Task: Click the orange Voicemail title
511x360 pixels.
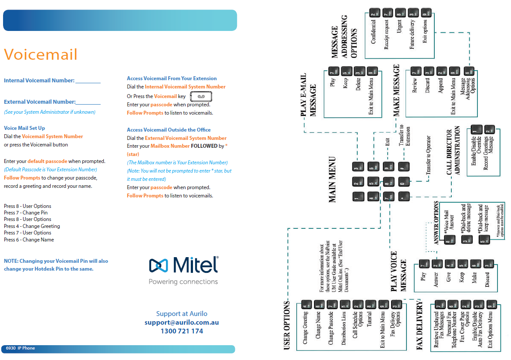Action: [41, 55]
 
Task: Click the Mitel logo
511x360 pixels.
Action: [183, 265]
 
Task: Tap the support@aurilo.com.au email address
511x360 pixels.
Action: [182, 323]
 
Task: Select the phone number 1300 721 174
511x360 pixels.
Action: [182, 331]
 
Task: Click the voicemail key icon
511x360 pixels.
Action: [201, 96]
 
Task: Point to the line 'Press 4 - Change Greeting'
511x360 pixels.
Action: [32, 226]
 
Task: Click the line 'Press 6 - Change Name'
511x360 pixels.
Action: [29, 240]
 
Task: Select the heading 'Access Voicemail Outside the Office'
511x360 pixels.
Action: [169, 130]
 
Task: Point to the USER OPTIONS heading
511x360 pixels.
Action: [287, 325]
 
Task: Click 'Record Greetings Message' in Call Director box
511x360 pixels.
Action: [489, 152]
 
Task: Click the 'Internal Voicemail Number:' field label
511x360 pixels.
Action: [39, 81]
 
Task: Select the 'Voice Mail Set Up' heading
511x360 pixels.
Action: [24, 128]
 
